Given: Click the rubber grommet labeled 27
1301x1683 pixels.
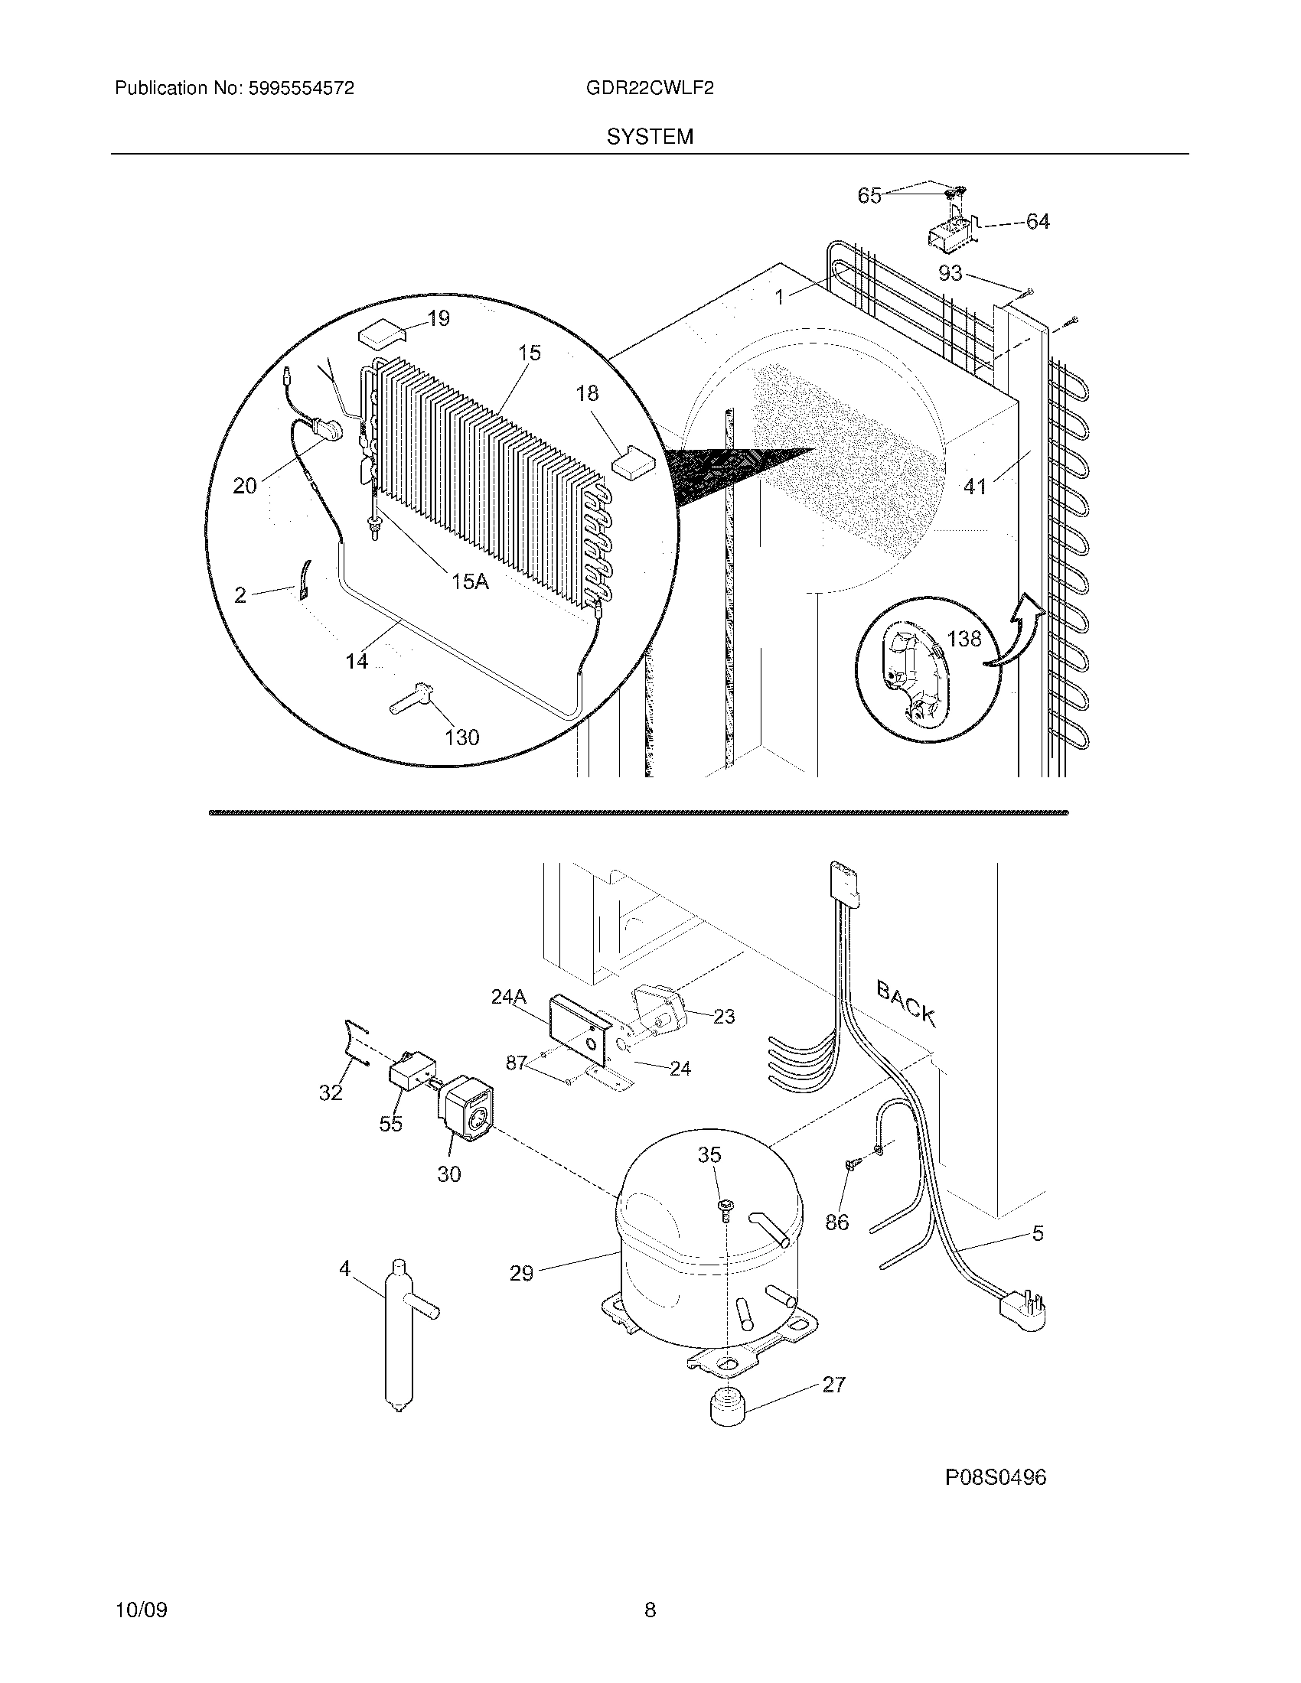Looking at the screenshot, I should click(725, 1408).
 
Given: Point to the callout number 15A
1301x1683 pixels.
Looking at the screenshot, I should click(470, 581).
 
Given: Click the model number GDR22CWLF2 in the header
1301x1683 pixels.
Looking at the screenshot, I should click(649, 89).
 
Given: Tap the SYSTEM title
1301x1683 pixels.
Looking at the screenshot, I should click(650, 137).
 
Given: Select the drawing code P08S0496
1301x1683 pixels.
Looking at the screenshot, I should click(996, 1477).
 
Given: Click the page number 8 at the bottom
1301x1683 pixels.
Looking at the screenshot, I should click(650, 1610).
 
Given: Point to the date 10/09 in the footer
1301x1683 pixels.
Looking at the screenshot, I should click(141, 1610).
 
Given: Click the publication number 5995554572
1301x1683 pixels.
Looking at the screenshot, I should click(301, 89).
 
